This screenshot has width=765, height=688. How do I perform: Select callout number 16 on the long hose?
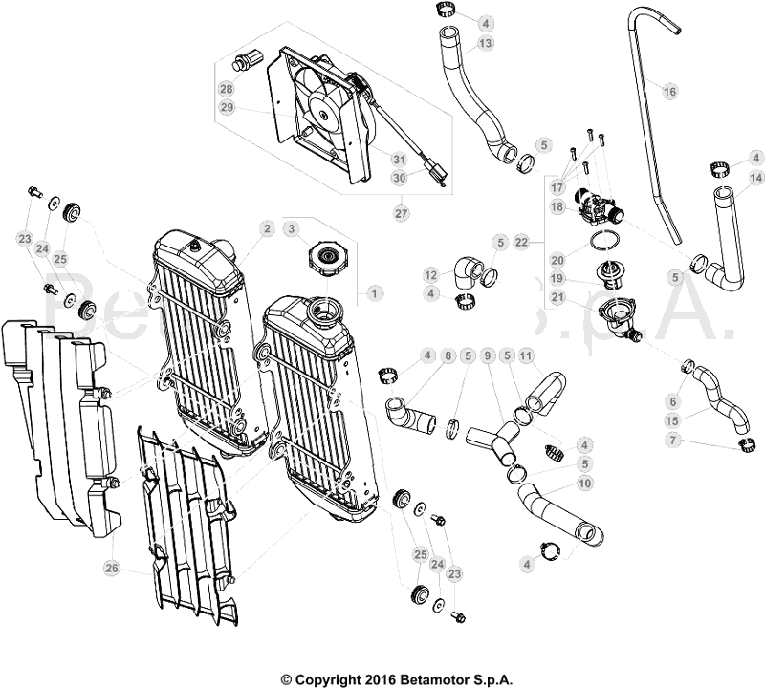pos(669,91)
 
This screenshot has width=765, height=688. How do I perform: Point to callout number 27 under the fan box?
pos(401,213)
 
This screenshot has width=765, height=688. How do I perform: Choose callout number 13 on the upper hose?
pos(486,44)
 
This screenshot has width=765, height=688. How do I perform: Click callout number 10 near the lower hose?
pos(584,484)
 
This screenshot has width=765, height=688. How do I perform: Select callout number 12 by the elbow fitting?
pos(431,275)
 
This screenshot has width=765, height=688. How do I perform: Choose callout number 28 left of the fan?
pos(227,89)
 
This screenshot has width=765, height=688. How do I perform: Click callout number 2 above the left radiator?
pos(267,229)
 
